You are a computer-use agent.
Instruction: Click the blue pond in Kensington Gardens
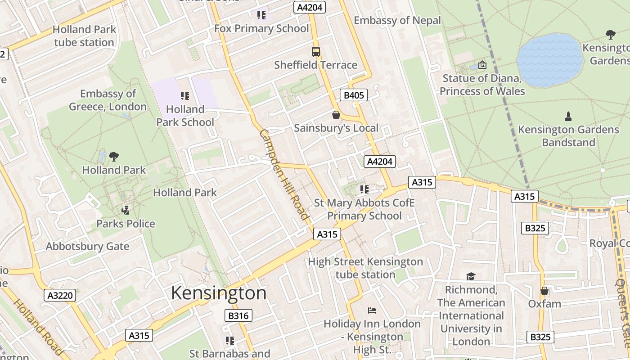coord(550,59)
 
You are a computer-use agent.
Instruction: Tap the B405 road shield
coord(354,95)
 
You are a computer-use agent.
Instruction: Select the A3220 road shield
coord(60,295)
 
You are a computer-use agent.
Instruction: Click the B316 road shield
coord(238,315)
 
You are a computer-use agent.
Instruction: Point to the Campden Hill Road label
coord(284,175)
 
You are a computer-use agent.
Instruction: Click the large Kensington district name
coord(219,293)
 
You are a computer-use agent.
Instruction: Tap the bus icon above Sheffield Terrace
coord(316,51)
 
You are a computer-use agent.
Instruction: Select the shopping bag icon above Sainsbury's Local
coord(336,115)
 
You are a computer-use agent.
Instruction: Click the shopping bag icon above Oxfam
coord(544,291)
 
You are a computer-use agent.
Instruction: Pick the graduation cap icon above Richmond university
coord(471,276)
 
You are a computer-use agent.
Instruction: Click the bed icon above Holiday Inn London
coord(372,310)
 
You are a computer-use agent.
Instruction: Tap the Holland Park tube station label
coord(84,36)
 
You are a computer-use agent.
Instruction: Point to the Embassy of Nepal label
coord(397,20)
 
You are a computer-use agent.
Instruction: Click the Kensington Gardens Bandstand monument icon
coord(568,117)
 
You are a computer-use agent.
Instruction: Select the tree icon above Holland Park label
coord(114,157)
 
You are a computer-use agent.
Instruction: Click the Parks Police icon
coord(126,210)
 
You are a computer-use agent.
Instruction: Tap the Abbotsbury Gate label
coord(87,247)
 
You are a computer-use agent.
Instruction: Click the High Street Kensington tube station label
coord(365,268)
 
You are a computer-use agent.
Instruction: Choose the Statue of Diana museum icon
coord(482,65)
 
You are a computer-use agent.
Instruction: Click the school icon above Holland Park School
coord(184,95)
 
